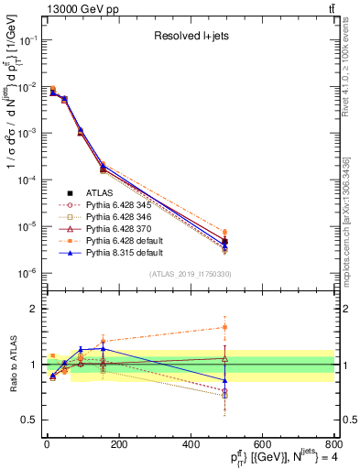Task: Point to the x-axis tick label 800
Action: pyautogui.click(x=332, y=442)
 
